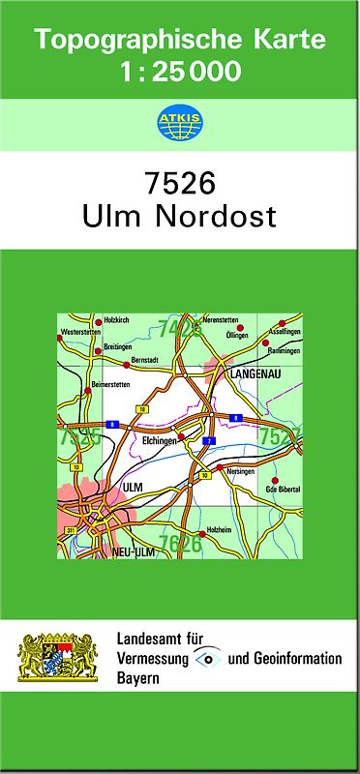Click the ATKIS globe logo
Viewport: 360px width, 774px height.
pos(179,122)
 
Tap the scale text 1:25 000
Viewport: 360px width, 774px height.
pos(180,71)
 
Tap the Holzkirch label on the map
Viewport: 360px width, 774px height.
pos(116,320)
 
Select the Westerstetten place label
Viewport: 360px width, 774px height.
pos(80,332)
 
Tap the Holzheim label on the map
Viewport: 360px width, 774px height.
pos(220,532)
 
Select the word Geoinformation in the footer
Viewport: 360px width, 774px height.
pos(294,659)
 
